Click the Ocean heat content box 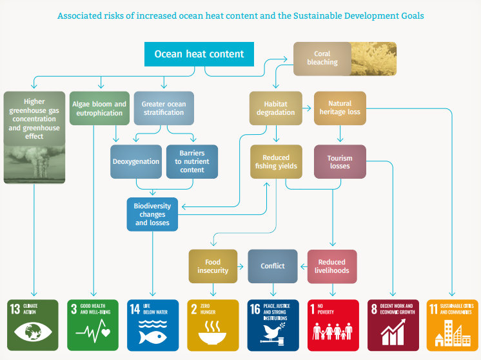pyautogui.click(x=199, y=54)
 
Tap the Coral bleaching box pyautogui.click(x=322, y=58)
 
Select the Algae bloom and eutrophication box pyautogui.click(x=99, y=108)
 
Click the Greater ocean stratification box pyautogui.click(x=163, y=108)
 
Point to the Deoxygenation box pyautogui.click(x=135, y=161)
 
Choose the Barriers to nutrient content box pyautogui.click(x=191, y=161)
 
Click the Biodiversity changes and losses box pyautogui.click(x=152, y=214)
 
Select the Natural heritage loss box pyautogui.click(x=340, y=108)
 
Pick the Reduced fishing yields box pyautogui.click(x=276, y=161)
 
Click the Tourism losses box pyautogui.click(x=340, y=161)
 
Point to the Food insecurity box pyautogui.click(x=213, y=266)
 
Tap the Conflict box pyautogui.click(x=272, y=266)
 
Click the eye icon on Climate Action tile pyautogui.click(x=32, y=333)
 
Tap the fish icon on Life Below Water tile pyautogui.click(x=152, y=334)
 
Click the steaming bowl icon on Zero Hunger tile pyautogui.click(x=213, y=335)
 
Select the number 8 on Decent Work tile pyautogui.click(x=374, y=308)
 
